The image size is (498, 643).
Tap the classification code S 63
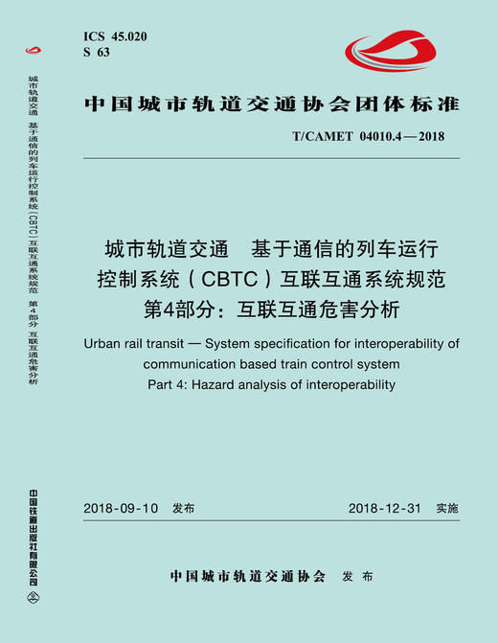tap(97, 53)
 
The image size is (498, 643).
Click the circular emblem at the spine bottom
tap(34, 604)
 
